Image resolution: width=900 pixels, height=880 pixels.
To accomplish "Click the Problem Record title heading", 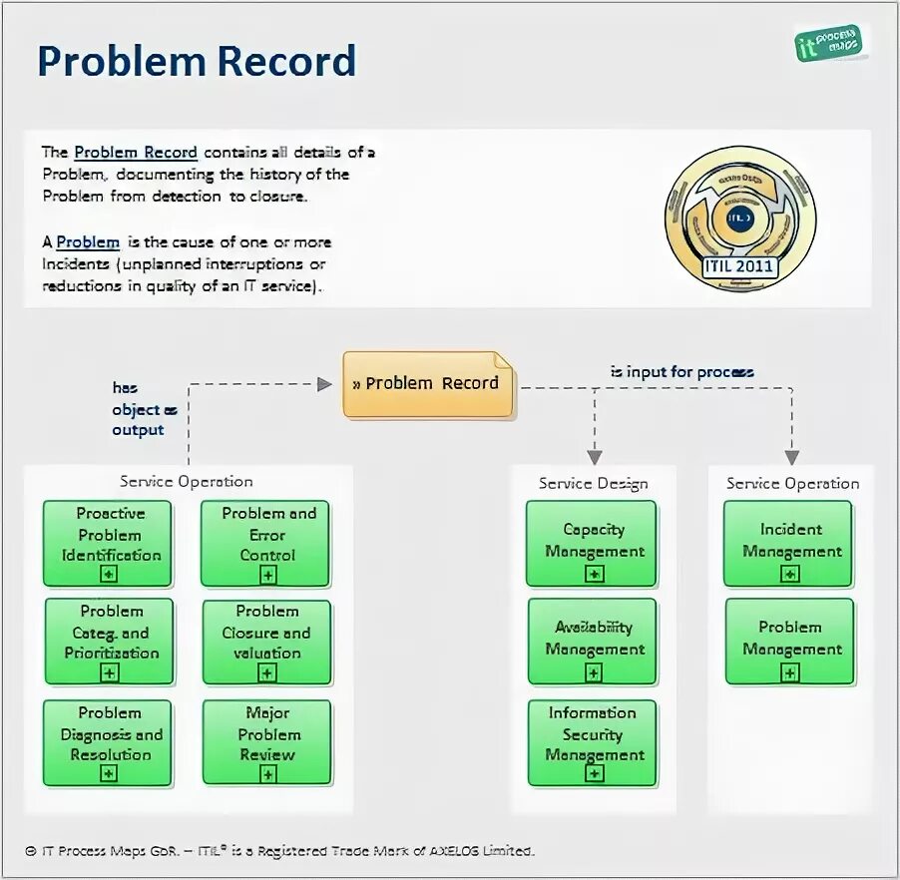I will click(197, 62).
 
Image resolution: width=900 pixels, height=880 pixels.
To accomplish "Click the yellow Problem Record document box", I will click(430, 383).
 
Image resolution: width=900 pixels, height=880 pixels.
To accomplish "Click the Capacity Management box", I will click(593, 543).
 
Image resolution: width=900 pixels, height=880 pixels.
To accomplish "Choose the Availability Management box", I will click(593, 641).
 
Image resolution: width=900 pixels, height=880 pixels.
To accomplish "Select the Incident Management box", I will click(789, 543).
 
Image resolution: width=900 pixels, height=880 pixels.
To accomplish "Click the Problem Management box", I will click(789, 641).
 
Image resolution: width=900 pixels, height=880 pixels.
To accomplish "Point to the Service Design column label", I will click(593, 484).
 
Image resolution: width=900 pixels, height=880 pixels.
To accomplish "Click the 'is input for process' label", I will click(681, 372).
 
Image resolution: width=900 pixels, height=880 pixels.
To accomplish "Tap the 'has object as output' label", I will click(144, 408).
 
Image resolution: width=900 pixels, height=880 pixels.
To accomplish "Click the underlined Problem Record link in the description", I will click(136, 153).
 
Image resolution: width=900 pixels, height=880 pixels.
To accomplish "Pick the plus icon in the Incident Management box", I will click(790, 574).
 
